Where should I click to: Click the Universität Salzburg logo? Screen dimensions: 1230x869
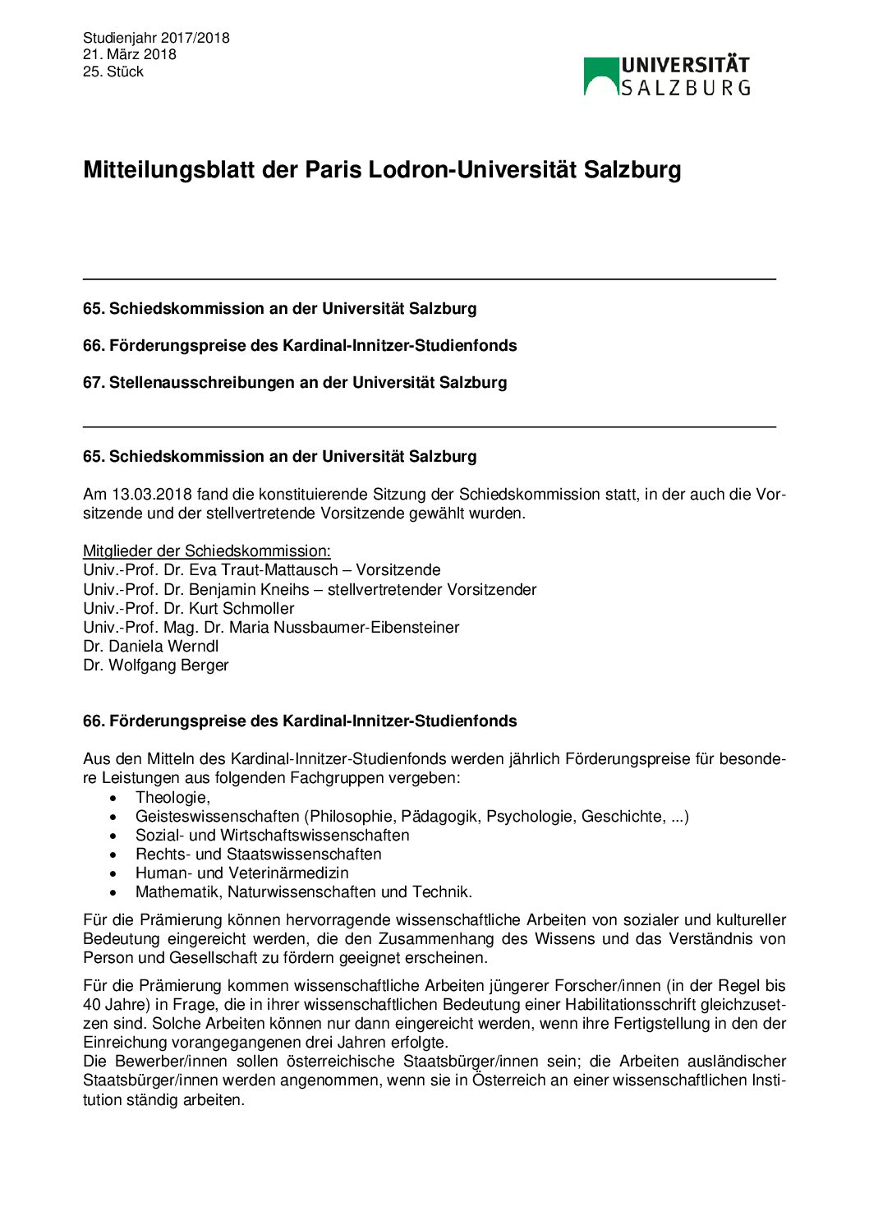[x=667, y=76]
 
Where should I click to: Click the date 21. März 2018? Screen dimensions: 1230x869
[x=130, y=54]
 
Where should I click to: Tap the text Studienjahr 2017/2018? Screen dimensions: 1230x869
[x=156, y=38]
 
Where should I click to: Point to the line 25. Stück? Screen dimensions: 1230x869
[x=113, y=71]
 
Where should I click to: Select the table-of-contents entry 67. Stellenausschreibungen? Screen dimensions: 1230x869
[x=295, y=382]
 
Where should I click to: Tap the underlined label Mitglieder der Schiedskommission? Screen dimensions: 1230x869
[x=207, y=551]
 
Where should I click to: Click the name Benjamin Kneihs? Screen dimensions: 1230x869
[x=249, y=589]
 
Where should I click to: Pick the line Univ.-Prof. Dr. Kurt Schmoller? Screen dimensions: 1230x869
[x=189, y=608]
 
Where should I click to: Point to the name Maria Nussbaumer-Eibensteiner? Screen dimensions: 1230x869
[x=344, y=627]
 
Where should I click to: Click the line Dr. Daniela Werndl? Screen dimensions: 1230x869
[x=151, y=646]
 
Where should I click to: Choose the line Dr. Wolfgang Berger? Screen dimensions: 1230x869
[x=156, y=665]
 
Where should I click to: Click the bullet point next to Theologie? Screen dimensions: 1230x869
[x=113, y=798]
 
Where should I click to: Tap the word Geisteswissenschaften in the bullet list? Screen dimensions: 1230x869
[x=217, y=816]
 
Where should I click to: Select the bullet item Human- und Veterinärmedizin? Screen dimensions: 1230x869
[x=242, y=873]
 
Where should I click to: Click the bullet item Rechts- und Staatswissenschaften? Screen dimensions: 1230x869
[x=259, y=854]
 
